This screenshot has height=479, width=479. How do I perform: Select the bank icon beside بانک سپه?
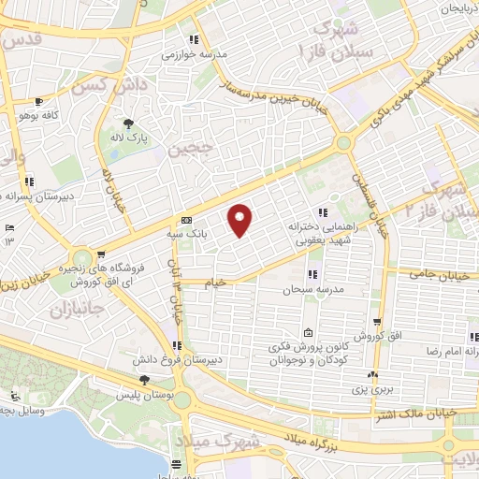[x=186, y=219]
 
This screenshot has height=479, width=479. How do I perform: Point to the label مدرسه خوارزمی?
[x=195, y=54]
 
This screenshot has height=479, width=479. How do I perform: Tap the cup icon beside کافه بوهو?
[x=38, y=101]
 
